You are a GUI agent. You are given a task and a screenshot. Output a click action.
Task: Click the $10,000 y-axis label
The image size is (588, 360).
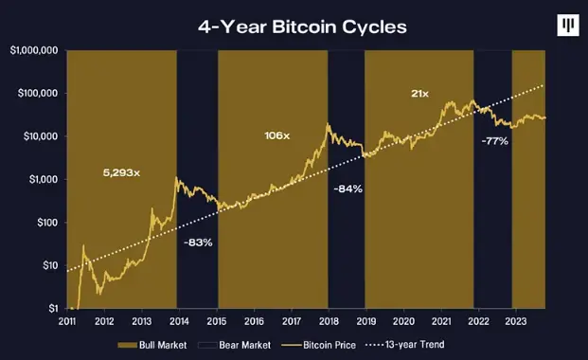click(x=38, y=136)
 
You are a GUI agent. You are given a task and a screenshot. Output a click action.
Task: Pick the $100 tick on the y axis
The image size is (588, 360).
click(x=45, y=223)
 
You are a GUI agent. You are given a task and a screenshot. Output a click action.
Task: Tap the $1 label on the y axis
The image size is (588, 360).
click(x=51, y=309)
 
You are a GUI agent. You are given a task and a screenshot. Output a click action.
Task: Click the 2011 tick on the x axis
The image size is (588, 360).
click(x=68, y=322)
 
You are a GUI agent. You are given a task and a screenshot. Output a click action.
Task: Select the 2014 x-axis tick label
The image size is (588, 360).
click(x=179, y=322)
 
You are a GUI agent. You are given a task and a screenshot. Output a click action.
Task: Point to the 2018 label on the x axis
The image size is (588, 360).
click(x=329, y=322)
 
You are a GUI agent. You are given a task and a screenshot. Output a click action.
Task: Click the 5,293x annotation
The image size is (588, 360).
click(x=121, y=173)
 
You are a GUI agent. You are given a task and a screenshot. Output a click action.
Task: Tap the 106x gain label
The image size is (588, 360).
click(x=276, y=136)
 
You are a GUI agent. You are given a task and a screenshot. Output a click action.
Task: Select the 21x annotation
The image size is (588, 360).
click(x=419, y=94)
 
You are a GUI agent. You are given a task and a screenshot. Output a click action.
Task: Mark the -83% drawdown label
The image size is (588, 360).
click(x=197, y=243)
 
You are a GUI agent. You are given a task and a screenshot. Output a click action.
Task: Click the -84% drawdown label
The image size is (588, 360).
click(x=347, y=189)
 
